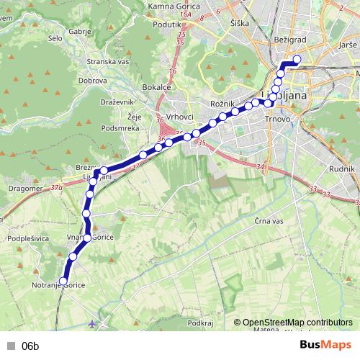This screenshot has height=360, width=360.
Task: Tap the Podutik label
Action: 167,24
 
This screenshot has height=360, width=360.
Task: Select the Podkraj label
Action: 199,323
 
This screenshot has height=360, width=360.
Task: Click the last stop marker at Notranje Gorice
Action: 63,282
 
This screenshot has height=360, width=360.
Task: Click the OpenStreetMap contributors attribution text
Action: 297,323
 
